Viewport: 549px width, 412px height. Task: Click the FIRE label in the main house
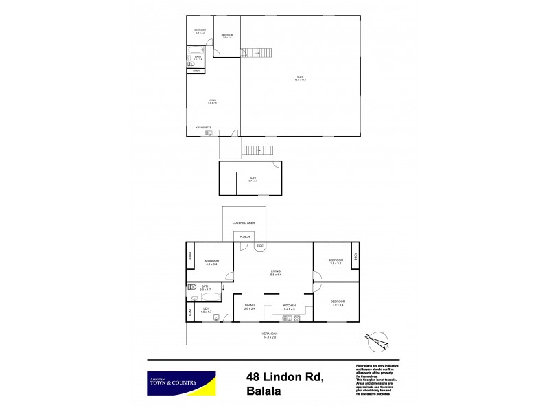click(x=260, y=246)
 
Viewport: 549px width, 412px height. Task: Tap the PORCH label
click(x=244, y=236)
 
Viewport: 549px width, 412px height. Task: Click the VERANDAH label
click(x=273, y=334)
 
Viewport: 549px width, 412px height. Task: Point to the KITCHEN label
click(x=289, y=305)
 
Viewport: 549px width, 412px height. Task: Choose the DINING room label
click(x=249, y=305)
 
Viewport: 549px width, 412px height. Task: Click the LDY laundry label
click(x=205, y=309)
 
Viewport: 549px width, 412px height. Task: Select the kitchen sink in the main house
click(x=286, y=318)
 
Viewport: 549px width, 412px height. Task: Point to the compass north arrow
click(x=378, y=337)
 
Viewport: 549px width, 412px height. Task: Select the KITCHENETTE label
click(x=203, y=128)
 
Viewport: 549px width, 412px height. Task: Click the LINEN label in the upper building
click(x=196, y=71)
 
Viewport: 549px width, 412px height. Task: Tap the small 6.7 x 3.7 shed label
click(x=253, y=181)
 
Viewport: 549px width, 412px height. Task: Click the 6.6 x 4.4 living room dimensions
click(x=274, y=275)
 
